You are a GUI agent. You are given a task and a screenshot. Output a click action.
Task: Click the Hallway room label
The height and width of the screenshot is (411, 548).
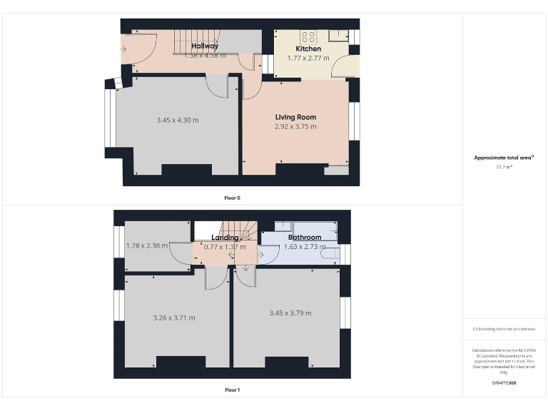pyautogui.click(x=205, y=46)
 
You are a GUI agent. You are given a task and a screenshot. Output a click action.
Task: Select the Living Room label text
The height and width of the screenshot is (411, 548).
pyautogui.click(x=295, y=117)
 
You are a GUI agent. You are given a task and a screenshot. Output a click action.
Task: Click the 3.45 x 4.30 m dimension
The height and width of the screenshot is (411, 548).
pyautogui.click(x=178, y=120)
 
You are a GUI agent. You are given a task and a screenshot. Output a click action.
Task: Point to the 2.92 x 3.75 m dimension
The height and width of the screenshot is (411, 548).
pyautogui.click(x=295, y=126)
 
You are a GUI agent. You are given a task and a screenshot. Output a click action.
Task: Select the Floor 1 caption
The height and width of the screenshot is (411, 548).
pyautogui.click(x=232, y=390)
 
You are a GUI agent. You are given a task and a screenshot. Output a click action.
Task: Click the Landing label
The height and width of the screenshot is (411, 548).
pyautogui.click(x=225, y=238)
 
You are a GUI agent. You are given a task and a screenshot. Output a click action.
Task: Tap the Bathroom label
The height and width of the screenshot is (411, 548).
pyautogui.click(x=305, y=238)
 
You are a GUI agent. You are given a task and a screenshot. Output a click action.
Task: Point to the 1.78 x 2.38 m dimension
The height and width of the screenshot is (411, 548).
pyautogui.click(x=147, y=245)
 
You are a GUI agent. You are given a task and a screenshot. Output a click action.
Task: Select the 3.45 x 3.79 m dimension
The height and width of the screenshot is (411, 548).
pyautogui.click(x=290, y=313)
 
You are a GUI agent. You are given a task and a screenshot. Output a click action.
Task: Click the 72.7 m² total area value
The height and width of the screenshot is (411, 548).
pyautogui.click(x=504, y=166)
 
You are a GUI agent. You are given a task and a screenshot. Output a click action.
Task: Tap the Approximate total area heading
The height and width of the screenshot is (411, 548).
pyautogui.click(x=504, y=158)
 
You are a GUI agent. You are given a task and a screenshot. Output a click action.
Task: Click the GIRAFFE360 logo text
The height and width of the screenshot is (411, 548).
pyautogui.click(x=504, y=383)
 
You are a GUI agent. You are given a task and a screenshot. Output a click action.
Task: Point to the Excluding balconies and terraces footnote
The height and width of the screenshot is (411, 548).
pyautogui.click(x=504, y=329)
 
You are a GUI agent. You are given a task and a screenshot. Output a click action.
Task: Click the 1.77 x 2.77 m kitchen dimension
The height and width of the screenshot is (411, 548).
pyautogui.click(x=308, y=58)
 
